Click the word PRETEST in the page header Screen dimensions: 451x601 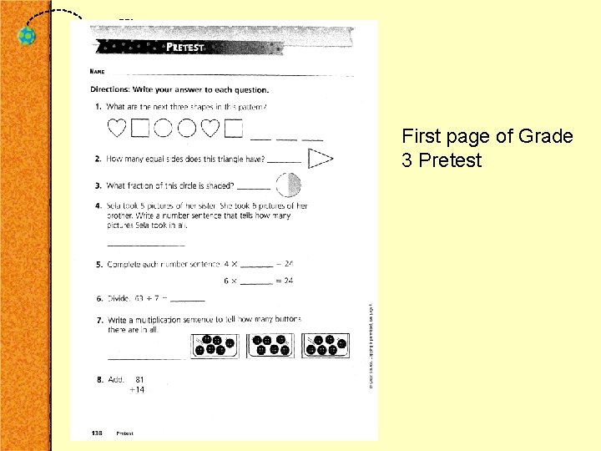click(x=184, y=48)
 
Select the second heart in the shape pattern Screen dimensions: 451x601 click(x=211, y=128)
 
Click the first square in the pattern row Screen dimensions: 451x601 click(x=140, y=128)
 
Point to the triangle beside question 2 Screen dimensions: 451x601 click(x=320, y=157)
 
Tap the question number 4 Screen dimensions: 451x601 click(x=98, y=205)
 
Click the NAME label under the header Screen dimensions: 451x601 click(x=97, y=73)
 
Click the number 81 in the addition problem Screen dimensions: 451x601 click(x=140, y=379)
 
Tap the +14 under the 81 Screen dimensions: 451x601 click(x=136, y=390)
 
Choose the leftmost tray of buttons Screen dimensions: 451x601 click(x=215, y=346)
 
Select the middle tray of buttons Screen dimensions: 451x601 click(x=270, y=346)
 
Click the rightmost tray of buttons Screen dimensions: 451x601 click(x=325, y=346)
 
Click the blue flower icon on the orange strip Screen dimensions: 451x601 click(x=28, y=37)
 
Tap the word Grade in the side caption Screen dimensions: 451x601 click(x=546, y=136)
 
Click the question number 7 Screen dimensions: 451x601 click(x=98, y=320)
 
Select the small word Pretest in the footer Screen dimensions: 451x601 click(x=124, y=433)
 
